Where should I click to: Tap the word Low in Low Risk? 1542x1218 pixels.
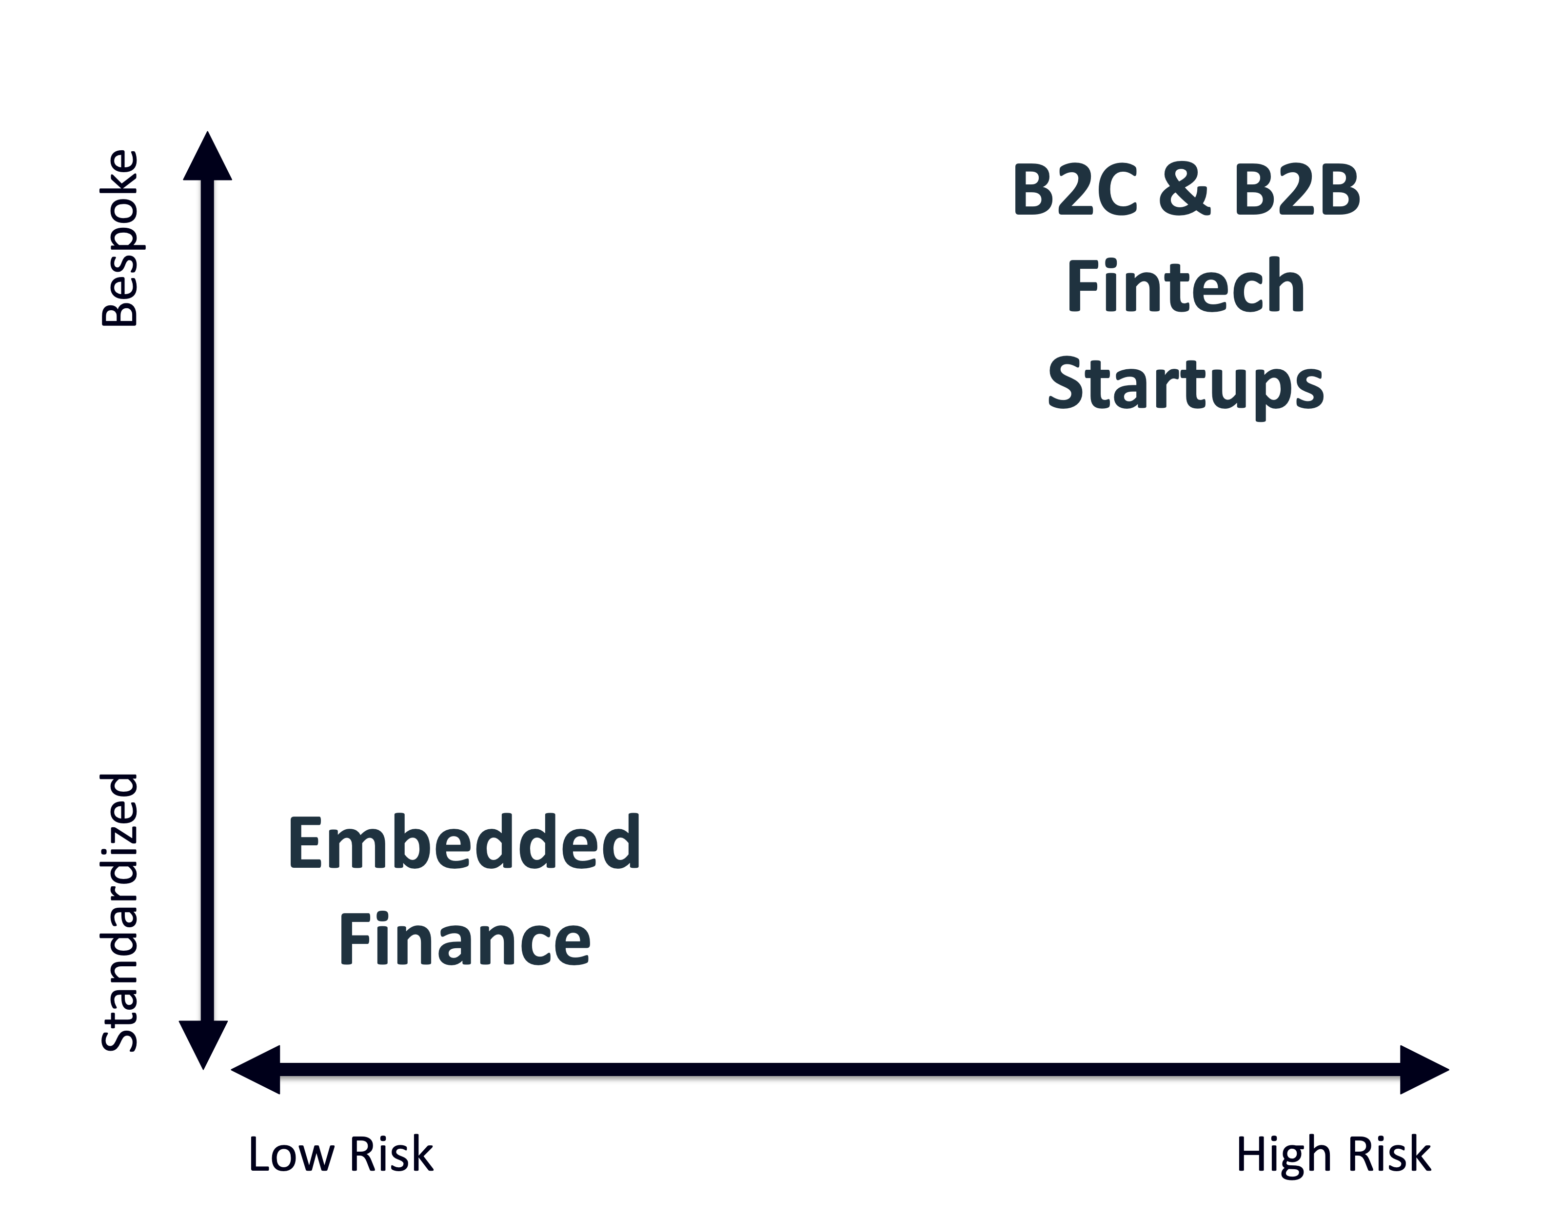[x=291, y=1155]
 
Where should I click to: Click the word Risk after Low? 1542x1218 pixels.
[x=392, y=1155]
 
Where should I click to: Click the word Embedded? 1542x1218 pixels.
[x=464, y=843]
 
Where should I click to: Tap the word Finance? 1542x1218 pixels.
[x=464, y=940]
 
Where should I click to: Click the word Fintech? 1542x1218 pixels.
[x=1186, y=287]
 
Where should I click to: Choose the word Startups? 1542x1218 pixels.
[x=1186, y=385]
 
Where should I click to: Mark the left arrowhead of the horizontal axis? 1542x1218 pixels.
[x=257, y=1070]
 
